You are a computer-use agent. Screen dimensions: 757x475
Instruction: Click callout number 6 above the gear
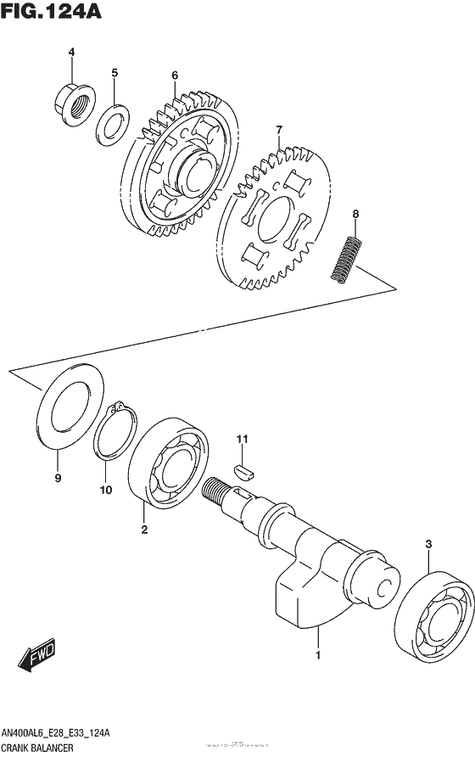click(174, 75)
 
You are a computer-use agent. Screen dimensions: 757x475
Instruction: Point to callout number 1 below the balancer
click(318, 655)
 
